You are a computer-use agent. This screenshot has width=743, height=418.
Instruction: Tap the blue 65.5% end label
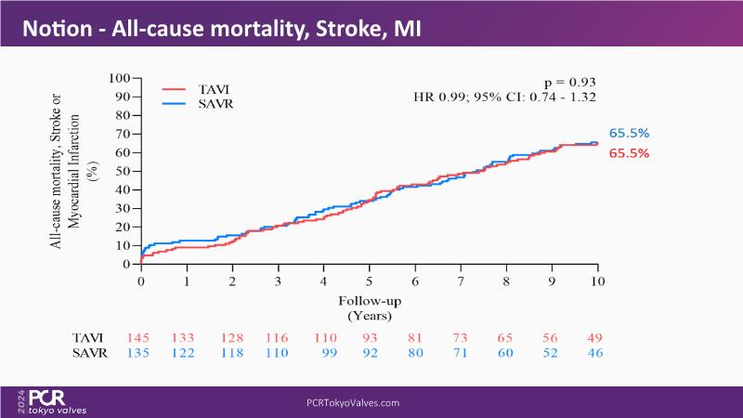point(629,134)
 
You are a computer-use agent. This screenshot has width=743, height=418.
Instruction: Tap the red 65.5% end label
point(629,153)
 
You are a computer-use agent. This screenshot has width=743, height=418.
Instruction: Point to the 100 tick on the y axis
point(117,79)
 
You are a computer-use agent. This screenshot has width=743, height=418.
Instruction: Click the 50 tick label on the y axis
point(121,172)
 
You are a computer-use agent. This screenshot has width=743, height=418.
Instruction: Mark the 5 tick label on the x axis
point(369,281)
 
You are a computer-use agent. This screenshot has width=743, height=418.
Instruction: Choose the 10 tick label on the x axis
point(597,281)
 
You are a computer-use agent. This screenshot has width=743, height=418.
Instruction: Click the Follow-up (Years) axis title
point(369,307)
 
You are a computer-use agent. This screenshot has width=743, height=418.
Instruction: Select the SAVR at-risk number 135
point(140,354)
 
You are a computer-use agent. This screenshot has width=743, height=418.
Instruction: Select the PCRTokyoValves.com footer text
point(352,402)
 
